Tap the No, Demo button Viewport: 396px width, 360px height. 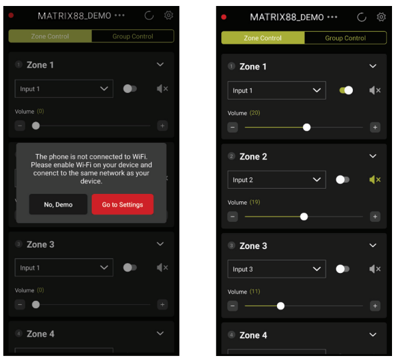58,205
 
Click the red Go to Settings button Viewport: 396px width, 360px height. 122,205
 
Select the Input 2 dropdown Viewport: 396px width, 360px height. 276,180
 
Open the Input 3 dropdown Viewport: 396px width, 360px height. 276,269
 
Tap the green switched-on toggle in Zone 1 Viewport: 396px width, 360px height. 346,90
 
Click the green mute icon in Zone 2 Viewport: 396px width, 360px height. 375,179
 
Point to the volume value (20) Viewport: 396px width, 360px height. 255,113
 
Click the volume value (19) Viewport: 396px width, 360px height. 255,202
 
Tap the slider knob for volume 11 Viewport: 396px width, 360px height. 280,306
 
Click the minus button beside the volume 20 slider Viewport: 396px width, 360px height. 233,127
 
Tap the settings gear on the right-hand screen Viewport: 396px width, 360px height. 381,17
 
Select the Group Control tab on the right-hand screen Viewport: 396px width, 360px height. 346,38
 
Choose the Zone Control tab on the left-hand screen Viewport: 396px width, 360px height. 50,37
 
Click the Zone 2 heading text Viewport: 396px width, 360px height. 253,157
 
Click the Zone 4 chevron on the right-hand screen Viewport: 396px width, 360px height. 373,335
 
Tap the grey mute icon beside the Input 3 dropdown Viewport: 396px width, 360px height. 375,269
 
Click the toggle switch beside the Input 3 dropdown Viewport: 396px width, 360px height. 343,269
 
